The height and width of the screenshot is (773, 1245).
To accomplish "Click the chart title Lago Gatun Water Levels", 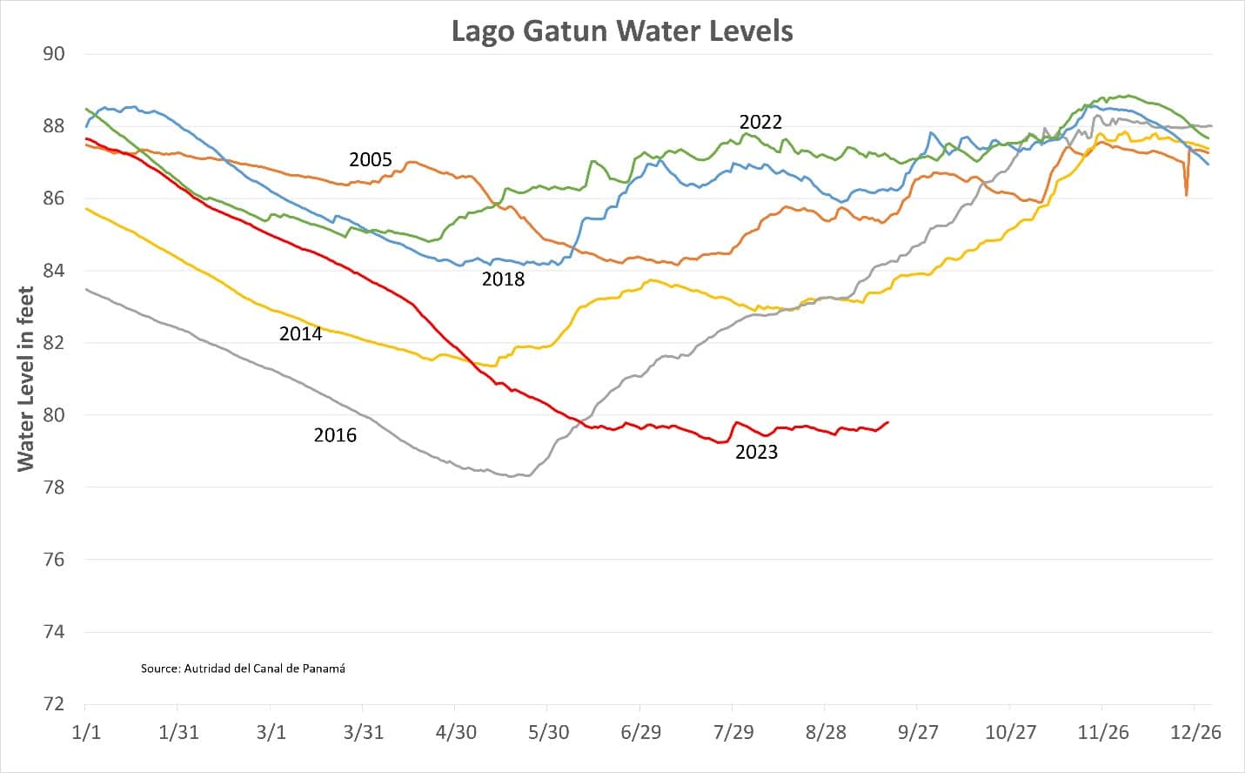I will coord(622,31).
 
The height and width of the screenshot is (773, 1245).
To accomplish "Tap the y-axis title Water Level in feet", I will coord(26,379).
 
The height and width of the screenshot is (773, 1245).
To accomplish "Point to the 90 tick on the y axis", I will coord(54,54).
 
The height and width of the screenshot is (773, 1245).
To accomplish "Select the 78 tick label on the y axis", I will coord(54,487).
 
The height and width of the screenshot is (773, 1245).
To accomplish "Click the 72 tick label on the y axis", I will coord(54,704).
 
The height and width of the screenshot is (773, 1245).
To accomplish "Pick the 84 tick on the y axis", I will coord(54,271).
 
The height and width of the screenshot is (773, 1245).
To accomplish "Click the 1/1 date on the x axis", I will coord(85,732).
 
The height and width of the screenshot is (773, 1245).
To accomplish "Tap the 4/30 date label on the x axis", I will coord(456,732).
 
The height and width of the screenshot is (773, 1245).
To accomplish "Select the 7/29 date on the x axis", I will coord(733,732).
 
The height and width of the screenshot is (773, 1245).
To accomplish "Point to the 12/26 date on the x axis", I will coord(1197,732).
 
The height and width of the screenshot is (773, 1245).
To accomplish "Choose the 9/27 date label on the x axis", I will coord(919,732).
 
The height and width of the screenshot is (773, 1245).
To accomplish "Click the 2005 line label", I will coord(371,160).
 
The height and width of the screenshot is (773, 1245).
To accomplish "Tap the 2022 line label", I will coord(760,123).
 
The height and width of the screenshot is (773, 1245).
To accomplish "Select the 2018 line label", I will coord(504,279).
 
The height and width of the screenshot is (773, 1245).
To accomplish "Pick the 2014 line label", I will coord(300,334).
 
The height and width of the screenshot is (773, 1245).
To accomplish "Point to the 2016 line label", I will coord(335,435).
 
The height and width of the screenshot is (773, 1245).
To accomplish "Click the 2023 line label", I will coord(756,453).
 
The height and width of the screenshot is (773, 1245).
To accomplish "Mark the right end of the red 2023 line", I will coord(887,422).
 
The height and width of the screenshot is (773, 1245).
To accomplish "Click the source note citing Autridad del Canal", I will coord(243,669).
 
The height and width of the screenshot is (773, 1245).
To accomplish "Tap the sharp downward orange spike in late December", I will coord(1186,193).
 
